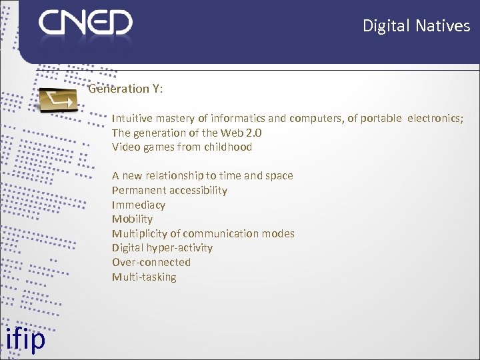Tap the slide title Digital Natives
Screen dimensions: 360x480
point(416,26)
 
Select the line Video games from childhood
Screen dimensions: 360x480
point(182,147)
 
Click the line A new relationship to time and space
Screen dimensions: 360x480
point(202,176)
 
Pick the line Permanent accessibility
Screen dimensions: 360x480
point(169,191)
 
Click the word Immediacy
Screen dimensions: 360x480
point(138,205)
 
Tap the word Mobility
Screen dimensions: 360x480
point(132,219)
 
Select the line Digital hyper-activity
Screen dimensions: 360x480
point(162,248)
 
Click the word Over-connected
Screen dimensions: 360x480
point(151,263)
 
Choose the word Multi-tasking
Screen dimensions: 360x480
point(144,277)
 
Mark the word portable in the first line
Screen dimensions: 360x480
point(381,119)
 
